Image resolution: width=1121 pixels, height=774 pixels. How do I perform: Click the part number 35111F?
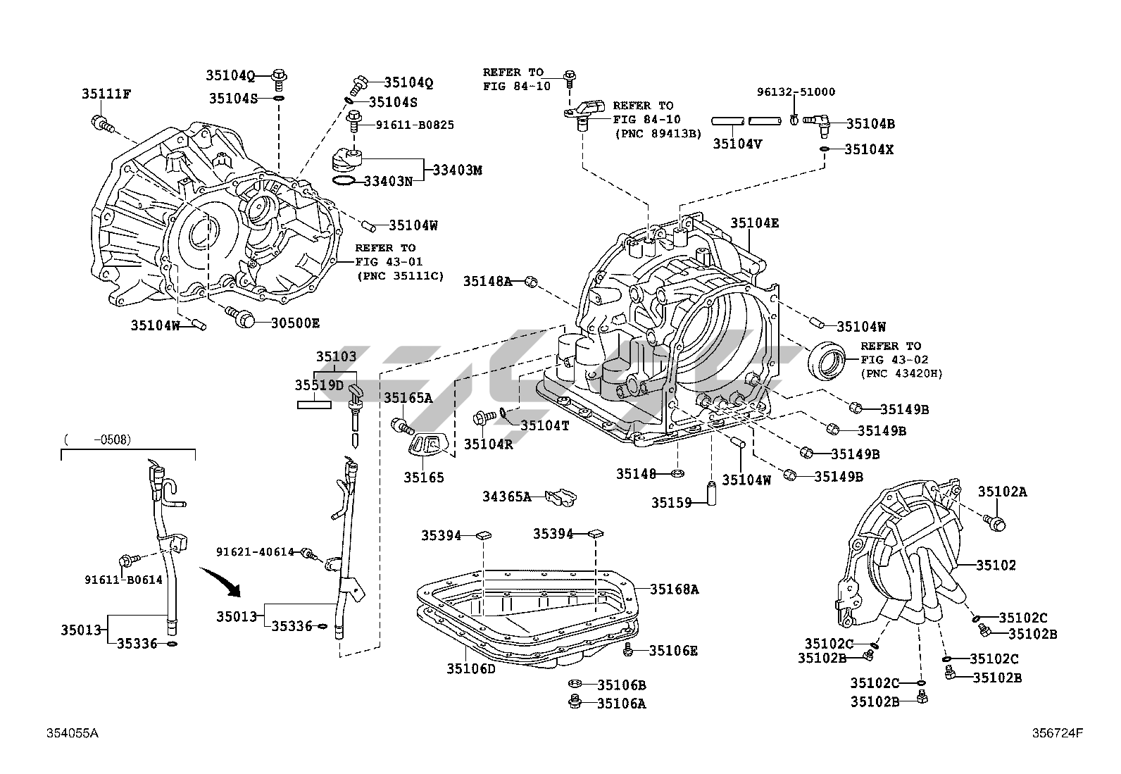(x=106, y=93)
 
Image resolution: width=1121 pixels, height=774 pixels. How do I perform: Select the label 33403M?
(x=457, y=170)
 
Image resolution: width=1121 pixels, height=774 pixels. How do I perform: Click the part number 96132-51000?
(x=796, y=92)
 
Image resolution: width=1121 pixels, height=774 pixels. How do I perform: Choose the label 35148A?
(x=487, y=281)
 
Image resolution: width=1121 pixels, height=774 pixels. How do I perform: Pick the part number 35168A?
(x=674, y=589)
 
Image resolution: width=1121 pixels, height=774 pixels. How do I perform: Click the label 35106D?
(x=470, y=668)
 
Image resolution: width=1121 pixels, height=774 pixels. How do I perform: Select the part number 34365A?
(x=506, y=497)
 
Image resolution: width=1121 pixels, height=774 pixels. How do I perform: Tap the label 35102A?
(x=1002, y=492)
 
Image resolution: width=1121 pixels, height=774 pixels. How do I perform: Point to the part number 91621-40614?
(x=255, y=551)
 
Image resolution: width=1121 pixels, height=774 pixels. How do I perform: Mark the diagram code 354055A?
(x=73, y=733)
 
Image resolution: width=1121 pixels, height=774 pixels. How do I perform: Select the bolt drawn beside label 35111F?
(x=101, y=125)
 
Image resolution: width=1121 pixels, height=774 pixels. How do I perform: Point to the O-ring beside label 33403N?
(x=343, y=182)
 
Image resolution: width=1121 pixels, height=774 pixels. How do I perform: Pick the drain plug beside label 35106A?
(x=575, y=701)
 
